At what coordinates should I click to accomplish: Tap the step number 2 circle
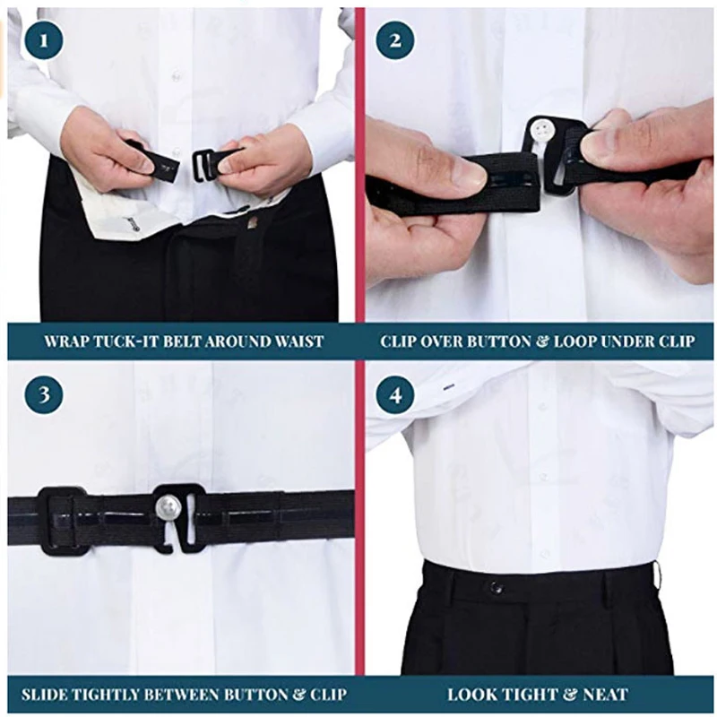click(x=394, y=39)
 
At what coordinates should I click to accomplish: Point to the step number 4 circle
click(x=394, y=395)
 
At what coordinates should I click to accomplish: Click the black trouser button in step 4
click(x=496, y=588)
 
